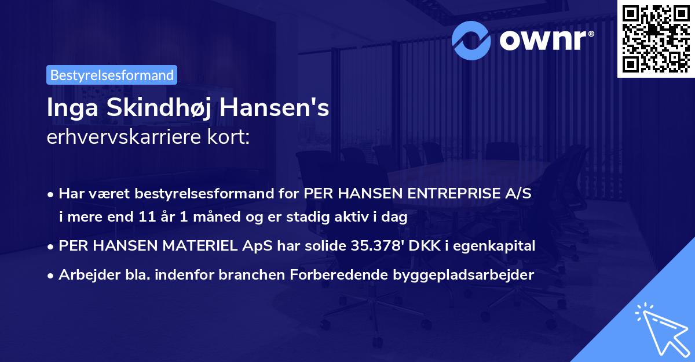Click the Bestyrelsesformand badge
click(112, 75)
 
